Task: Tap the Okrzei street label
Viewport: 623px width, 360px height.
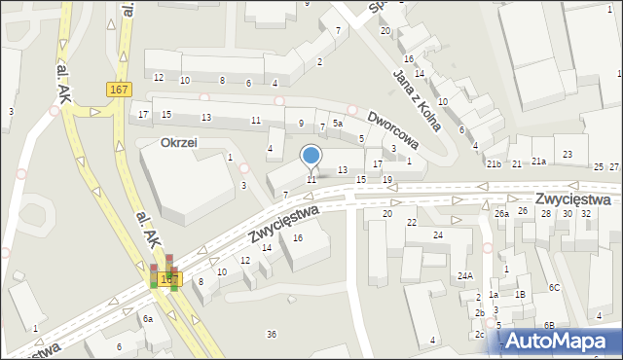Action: click(x=179, y=142)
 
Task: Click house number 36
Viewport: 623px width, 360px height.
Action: click(x=272, y=335)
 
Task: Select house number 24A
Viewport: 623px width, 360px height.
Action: click(x=465, y=276)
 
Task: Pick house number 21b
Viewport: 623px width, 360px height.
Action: click(x=495, y=163)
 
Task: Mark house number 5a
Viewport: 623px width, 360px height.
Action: click(x=337, y=124)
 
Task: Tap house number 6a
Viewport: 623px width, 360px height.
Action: click(x=148, y=319)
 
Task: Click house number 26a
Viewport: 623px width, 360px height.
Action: click(x=501, y=213)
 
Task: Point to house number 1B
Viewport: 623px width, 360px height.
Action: click(x=521, y=294)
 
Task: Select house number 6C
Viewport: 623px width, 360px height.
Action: click(x=554, y=287)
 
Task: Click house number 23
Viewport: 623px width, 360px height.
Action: click(x=568, y=156)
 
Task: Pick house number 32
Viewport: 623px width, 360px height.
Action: click(x=586, y=213)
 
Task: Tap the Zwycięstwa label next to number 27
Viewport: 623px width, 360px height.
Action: click(x=572, y=198)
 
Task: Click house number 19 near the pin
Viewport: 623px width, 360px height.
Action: click(x=387, y=180)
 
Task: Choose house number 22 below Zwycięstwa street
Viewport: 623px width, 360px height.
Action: click(x=412, y=223)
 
